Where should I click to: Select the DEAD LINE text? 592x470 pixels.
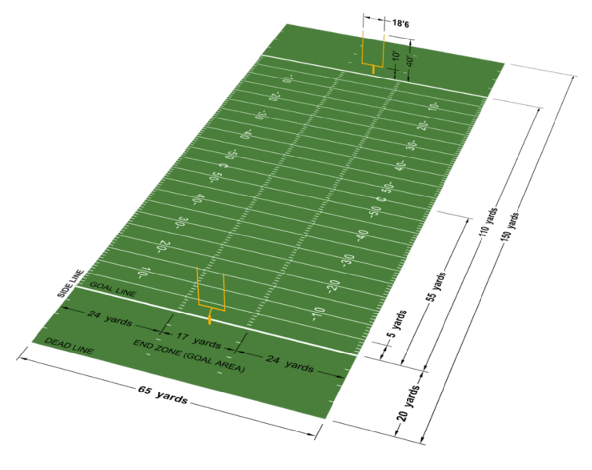(69, 346)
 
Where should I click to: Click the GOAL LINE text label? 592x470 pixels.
(112, 289)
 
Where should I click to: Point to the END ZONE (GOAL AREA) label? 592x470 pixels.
(188, 355)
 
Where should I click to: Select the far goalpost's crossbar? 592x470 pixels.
(372, 64)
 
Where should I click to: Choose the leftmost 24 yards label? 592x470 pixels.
(109, 318)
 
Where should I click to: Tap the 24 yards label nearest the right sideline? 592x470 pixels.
(290, 364)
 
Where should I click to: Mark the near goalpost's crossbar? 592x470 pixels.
(212, 307)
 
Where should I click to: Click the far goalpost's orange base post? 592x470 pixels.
(373, 70)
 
